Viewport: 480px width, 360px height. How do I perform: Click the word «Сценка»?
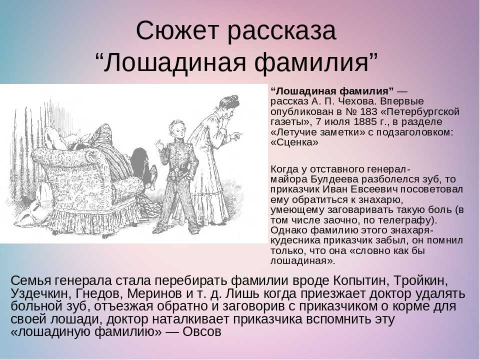(295, 142)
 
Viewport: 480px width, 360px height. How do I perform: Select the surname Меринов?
(154, 293)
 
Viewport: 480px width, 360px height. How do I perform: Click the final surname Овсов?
(202, 331)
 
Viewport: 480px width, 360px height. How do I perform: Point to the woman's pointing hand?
(235, 134)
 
